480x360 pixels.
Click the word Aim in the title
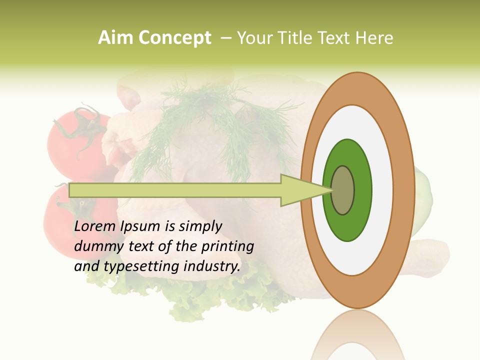tap(115, 38)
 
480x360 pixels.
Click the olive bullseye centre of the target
tap(343, 190)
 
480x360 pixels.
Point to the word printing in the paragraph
tap(227, 247)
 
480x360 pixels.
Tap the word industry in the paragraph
tap(212, 267)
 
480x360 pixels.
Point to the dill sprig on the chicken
tap(200, 120)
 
